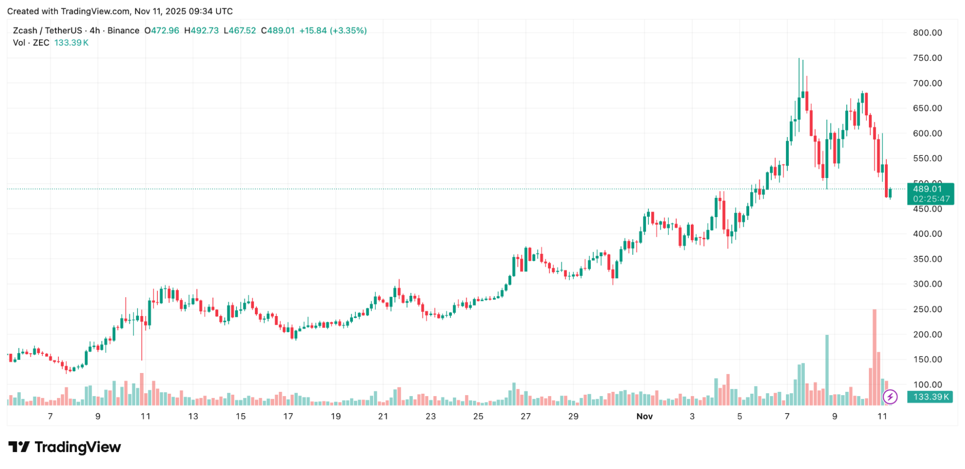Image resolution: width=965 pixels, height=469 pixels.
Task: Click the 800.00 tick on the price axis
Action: tap(927, 33)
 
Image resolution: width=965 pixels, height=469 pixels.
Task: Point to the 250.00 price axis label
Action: tap(927, 309)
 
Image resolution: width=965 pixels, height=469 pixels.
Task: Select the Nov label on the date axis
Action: tap(644, 416)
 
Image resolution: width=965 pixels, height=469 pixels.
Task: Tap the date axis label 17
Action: tap(288, 416)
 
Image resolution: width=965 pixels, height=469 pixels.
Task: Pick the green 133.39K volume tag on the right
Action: tap(930, 397)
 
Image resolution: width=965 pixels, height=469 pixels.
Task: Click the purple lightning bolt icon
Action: tap(890, 397)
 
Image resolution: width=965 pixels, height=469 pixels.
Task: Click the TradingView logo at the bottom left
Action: tap(65, 447)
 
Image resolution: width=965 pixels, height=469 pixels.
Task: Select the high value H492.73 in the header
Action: tap(201, 30)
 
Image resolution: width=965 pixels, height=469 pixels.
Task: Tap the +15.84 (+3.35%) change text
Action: tap(333, 30)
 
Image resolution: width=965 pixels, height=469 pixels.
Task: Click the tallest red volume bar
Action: tap(874, 357)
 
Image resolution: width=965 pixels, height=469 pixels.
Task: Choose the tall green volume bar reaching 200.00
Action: tap(827, 369)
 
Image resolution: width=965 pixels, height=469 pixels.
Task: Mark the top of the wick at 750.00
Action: tap(799, 59)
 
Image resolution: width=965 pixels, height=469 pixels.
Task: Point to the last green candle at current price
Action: tap(890, 193)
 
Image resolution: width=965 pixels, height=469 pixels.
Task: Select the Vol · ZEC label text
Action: tap(31, 42)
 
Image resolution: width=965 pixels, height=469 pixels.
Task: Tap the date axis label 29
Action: tap(573, 416)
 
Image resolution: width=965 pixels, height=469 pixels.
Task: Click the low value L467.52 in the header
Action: tap(240, 30)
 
